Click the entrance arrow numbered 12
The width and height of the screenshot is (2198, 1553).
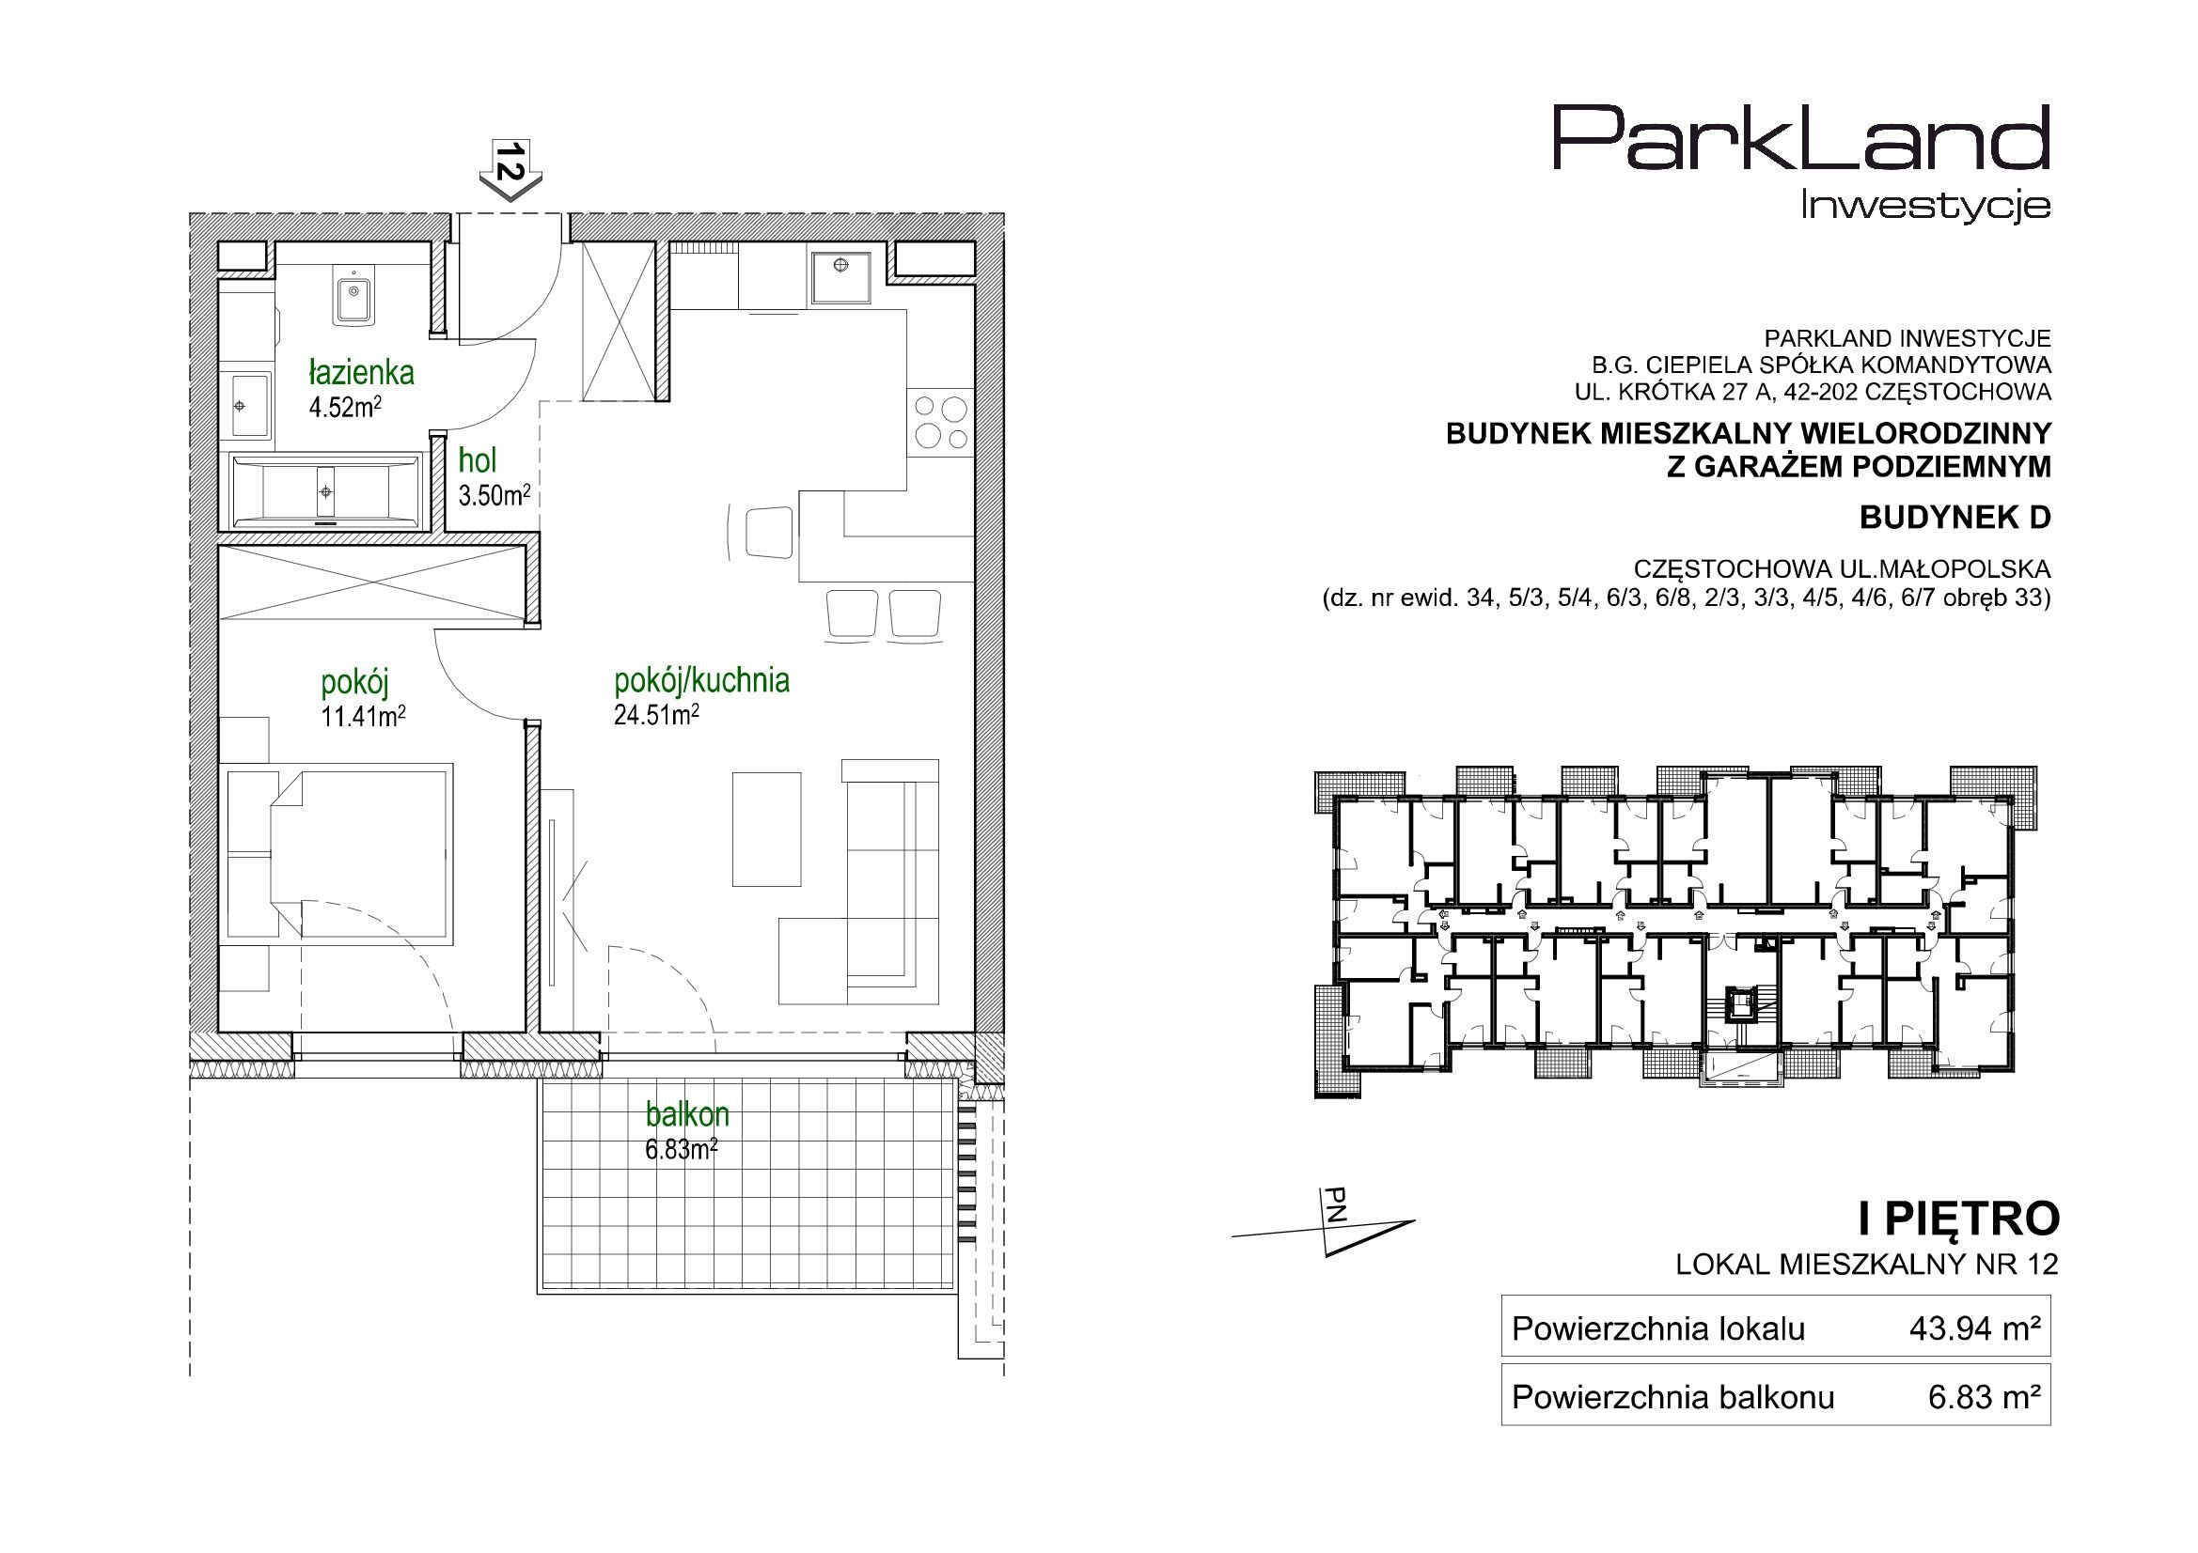(x=511, y=169)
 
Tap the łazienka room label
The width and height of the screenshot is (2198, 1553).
(x=360, y=373)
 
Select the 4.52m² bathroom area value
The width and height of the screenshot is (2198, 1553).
(x=345, y=409)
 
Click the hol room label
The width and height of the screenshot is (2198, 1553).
(x=477, y=461)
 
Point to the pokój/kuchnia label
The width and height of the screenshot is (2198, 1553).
(x=701, y=681)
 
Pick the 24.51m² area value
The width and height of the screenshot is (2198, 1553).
(x=656, y=717)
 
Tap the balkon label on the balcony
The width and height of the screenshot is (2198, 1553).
(x=687, y=1116)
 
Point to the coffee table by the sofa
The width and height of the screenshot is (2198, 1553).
(x=767, y=830)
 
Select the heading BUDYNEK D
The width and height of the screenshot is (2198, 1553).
(x=1955, y=518)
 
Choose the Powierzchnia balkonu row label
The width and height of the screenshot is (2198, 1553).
(x=1673, y=1398)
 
